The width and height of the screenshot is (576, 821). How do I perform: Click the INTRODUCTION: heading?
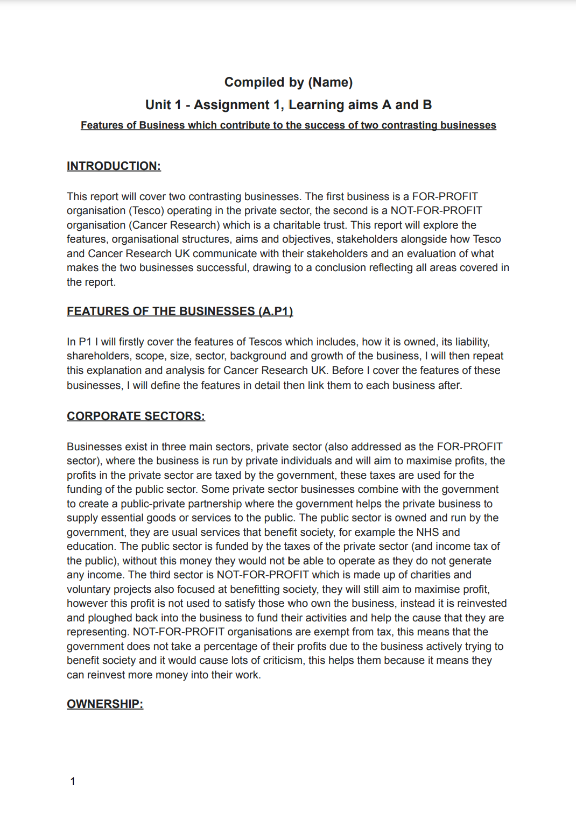tap(114, 166)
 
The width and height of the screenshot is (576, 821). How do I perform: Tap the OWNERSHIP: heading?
tap(105, 704)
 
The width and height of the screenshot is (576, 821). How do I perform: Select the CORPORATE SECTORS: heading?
tap(136, 416)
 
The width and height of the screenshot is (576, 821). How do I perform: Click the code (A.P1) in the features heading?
tap(276, 312)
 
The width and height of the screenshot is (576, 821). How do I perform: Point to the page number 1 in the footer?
tap(73, 781)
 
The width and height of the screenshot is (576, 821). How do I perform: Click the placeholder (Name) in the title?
tap(330, 82)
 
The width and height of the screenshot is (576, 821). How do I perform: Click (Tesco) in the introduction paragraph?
tap(146, 210)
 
